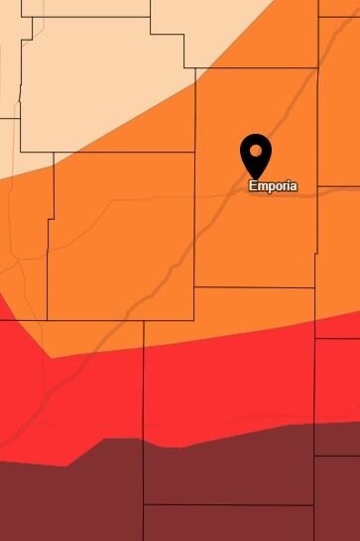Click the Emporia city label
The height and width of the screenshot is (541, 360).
tap(273, 185)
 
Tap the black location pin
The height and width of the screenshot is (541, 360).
tap(257, 154)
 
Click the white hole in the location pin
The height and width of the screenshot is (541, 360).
tap(257, 151)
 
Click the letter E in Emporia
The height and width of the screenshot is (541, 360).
tap(253, 185)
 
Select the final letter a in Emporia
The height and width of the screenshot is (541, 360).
tap(293, 185)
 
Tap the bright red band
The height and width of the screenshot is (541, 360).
tap(198, 386)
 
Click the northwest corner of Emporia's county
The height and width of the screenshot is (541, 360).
tap(195, 68)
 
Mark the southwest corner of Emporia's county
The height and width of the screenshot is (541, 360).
tap(195, 287)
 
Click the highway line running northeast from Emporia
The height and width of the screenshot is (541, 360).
tap(298, 109)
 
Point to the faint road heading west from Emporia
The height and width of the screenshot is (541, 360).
tap(149, 199)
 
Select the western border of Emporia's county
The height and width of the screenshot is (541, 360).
tap(195, 228)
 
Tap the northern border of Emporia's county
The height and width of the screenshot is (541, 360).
tap(258, 68)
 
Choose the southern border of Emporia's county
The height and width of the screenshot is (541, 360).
tap(254, 287)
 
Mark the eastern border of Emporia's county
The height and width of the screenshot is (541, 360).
tap(317, 238)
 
